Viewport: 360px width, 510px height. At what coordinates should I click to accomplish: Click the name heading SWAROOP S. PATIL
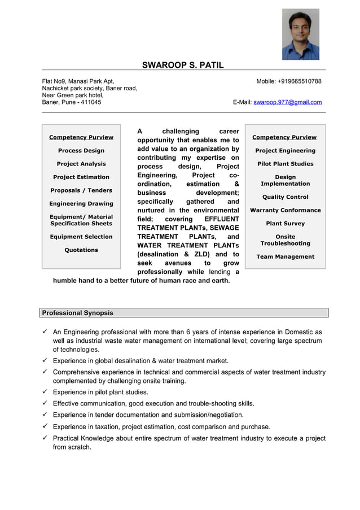pos(183,65)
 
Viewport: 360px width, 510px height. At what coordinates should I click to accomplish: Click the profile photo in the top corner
pos(300,34)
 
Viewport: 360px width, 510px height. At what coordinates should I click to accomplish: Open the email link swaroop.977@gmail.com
pos(287,102)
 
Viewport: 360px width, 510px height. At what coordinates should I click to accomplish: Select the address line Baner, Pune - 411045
pos(72,102)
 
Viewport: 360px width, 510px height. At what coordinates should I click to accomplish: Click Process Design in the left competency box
pos(81,151)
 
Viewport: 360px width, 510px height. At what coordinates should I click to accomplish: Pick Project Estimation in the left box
pos(81,177)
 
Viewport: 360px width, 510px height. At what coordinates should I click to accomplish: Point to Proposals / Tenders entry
pos(81,190)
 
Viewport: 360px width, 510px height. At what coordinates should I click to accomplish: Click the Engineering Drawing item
pos(81,204)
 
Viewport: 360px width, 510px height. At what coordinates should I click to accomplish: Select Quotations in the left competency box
pos(81,250)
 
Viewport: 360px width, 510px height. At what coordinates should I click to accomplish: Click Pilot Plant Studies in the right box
pos(285,164)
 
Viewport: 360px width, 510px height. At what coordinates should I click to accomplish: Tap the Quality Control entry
pos(285,197)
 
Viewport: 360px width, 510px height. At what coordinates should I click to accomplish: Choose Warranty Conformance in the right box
pos(285,210)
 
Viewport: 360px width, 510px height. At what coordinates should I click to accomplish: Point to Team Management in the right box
pos(285,257)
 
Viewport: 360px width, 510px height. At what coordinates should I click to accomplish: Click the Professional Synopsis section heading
pos(77,313)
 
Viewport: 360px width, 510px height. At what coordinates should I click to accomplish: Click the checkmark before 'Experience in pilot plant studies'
pos(45,392)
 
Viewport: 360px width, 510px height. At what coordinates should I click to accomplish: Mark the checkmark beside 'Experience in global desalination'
pos(45,361)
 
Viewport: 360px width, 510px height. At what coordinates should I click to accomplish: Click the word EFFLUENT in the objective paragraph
pos(222,219)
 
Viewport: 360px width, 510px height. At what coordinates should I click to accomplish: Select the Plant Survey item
pos(285,224)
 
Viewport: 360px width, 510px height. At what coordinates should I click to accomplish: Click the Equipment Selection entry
pos(81,237)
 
